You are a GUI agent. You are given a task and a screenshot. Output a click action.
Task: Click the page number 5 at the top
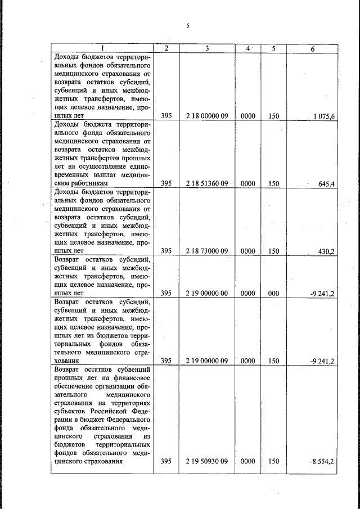pos(188,26)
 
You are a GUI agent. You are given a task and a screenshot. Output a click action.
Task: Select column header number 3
pos(206,48)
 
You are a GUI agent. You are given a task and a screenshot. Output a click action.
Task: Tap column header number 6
pos(313,49)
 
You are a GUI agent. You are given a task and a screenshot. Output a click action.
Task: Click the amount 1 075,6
pos(323,116)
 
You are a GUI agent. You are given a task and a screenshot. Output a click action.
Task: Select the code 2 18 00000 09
pos(206,116)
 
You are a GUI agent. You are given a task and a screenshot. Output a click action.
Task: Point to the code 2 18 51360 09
pos(206,183)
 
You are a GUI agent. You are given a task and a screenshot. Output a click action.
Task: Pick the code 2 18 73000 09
pos(206,251)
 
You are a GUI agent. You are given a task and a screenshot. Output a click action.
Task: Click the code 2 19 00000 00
pos(206,293)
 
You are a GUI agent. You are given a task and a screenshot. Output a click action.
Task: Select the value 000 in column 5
pos(273,293)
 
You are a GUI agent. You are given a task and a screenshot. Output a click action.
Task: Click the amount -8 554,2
pos(322,462)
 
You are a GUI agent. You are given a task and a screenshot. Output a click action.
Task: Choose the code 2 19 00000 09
pos(206,361)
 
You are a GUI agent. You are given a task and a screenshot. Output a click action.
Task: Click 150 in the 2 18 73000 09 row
pos(273,251)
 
